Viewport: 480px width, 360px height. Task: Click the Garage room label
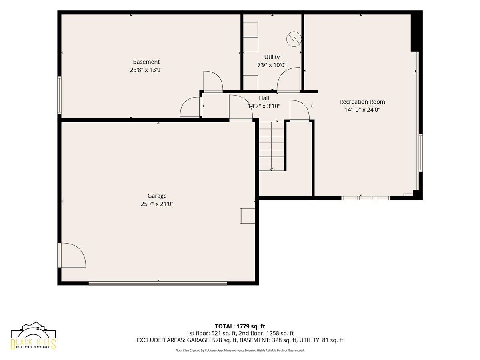157,196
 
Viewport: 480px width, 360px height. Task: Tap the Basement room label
146,62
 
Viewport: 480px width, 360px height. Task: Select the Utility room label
272,57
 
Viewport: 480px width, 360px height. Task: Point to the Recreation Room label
362,102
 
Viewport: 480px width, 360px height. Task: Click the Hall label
264,98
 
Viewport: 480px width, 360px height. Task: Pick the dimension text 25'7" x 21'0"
157,204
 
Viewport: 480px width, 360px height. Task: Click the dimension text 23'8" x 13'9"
146,70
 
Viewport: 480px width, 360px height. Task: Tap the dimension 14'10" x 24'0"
362,110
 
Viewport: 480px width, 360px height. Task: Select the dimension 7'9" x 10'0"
272,65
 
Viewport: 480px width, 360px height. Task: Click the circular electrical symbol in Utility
294,39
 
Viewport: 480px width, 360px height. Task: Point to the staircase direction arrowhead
271,169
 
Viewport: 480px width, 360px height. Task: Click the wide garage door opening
158,283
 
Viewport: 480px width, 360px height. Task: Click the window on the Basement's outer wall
59,95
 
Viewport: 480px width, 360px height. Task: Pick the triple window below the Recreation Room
366,198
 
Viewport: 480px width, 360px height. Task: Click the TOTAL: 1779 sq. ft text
240,326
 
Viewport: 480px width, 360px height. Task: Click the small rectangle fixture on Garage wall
247,216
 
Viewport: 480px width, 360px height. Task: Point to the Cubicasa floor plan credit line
240,350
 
